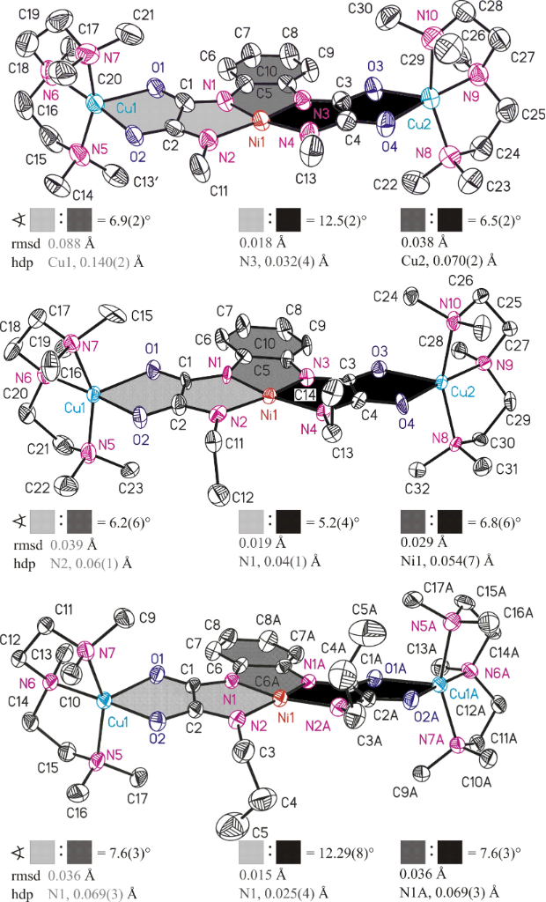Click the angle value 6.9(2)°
118,219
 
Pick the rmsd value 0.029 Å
422,542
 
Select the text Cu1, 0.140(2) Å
95,262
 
